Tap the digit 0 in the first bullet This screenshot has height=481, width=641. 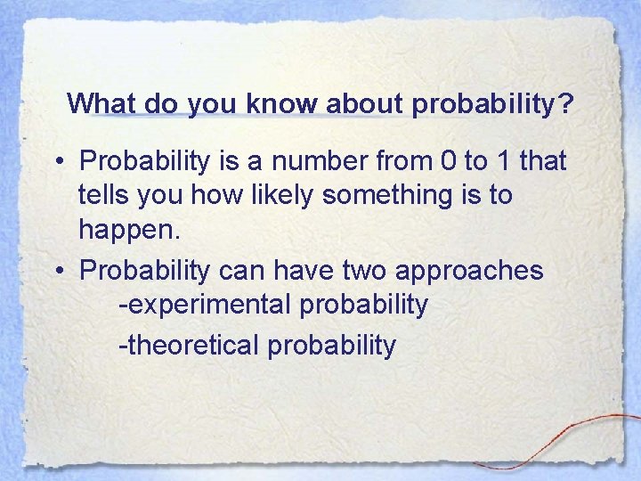447,161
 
